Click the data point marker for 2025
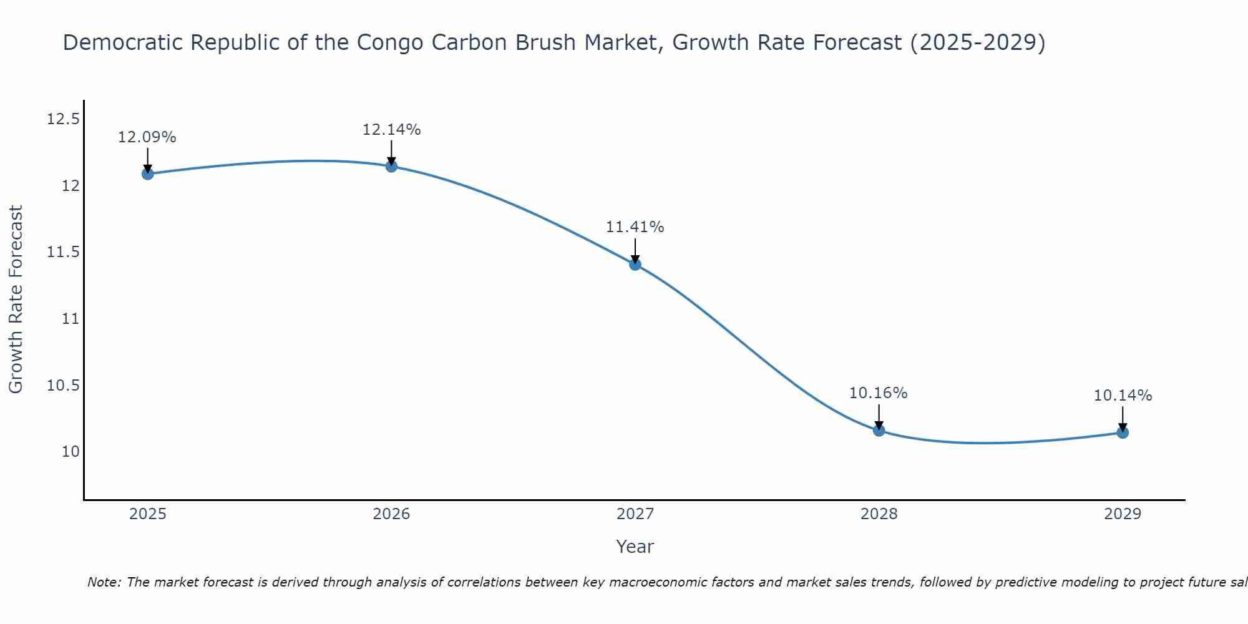[147, 173]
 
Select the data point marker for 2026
[391, 166]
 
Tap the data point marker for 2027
[635, 264]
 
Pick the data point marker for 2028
[879, 430]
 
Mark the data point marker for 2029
[1123, 432]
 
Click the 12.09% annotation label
[147, 137]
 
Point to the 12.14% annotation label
[391, 130]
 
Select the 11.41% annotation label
[635, 227]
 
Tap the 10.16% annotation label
[879, 393]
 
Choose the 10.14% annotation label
[1123, 396]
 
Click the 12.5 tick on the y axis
[63, 119]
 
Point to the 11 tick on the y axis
[69, 318]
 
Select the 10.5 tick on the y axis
[63, 385]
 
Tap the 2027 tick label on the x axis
[635, 514]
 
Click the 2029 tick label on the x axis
[1123, 514]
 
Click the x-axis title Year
[635, 547]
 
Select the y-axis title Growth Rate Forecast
[16, 299]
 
